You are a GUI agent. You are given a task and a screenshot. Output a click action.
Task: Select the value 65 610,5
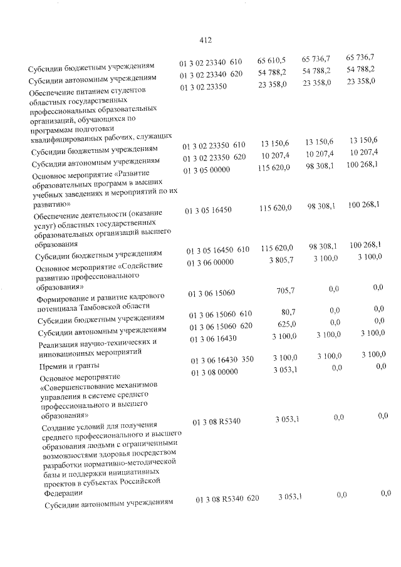tap(271, 61)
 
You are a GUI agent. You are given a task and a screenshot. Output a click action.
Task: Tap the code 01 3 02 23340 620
tap(211, 75)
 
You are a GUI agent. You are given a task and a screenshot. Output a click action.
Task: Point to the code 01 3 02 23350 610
tap(214, 147)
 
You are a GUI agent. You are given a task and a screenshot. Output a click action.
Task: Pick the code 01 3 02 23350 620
tap(214, 158)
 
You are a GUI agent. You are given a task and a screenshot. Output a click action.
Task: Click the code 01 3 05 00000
tap(207, 170)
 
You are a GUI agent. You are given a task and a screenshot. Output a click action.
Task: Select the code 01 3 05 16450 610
tap(219, 251)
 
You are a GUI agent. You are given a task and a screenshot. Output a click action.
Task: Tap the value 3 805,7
tap(279, 261)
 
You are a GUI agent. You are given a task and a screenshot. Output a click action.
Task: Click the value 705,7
tap(285, 290)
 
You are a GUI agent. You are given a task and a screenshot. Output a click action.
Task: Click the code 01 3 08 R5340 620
tap(227, 499)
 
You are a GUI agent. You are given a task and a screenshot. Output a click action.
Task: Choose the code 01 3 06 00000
tap(210, 263)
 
